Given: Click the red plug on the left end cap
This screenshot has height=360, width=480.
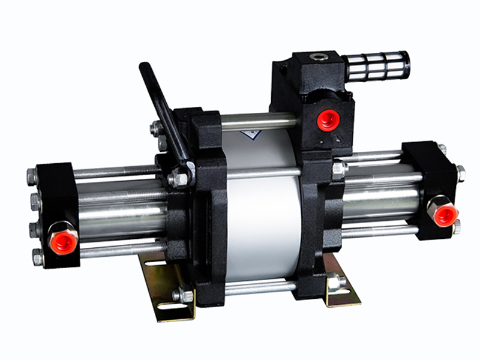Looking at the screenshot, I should [x=64, y=241].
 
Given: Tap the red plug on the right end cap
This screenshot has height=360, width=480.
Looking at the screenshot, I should [x=445, y=214].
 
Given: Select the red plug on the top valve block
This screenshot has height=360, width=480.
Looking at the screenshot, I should [x=328, y=119].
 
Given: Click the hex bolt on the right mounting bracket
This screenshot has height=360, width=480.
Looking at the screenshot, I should [x=334, y=280].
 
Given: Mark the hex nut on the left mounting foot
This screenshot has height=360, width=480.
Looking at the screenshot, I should [x=182, y=295].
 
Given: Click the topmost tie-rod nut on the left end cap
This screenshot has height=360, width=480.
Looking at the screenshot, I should [x=32, y=176].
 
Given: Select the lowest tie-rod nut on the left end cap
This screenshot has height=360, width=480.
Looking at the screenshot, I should [x=37, y=258].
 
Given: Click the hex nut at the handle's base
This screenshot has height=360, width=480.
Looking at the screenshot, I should [x=178, y=179].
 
